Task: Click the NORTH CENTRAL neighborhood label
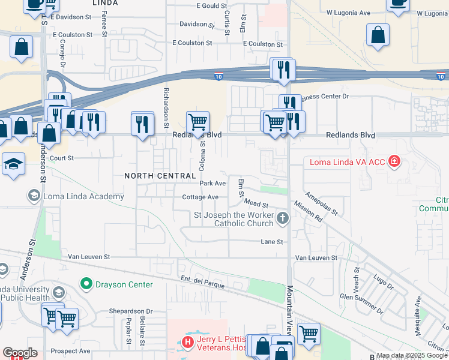pyautogui.click(x=160, y=176)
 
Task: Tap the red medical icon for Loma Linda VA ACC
pyautogui.click(x=394, y=161)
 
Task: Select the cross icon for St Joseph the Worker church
pyautogui.click(x=283, y=220)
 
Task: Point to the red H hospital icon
pyautogui.click(x=188, y=343)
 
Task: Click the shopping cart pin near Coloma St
pyautogui.click(x=197, y=123)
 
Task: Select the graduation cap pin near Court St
pyautogui.click(x=13, y=164)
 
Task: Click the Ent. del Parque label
pyautogui.click(x=203, y=282)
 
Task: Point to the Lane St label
pyautogui.click(x=271, y=242)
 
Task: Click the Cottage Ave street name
pyautogui.click(x=200, y=197)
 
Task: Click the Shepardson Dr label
pyautogui.click(x=131, y=311)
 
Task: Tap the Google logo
pyautogui.click(x=20, y=353)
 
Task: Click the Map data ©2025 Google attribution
pyautogui.click(x=412, y=355)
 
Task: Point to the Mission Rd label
pyautogui.click(x=309, y=215)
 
